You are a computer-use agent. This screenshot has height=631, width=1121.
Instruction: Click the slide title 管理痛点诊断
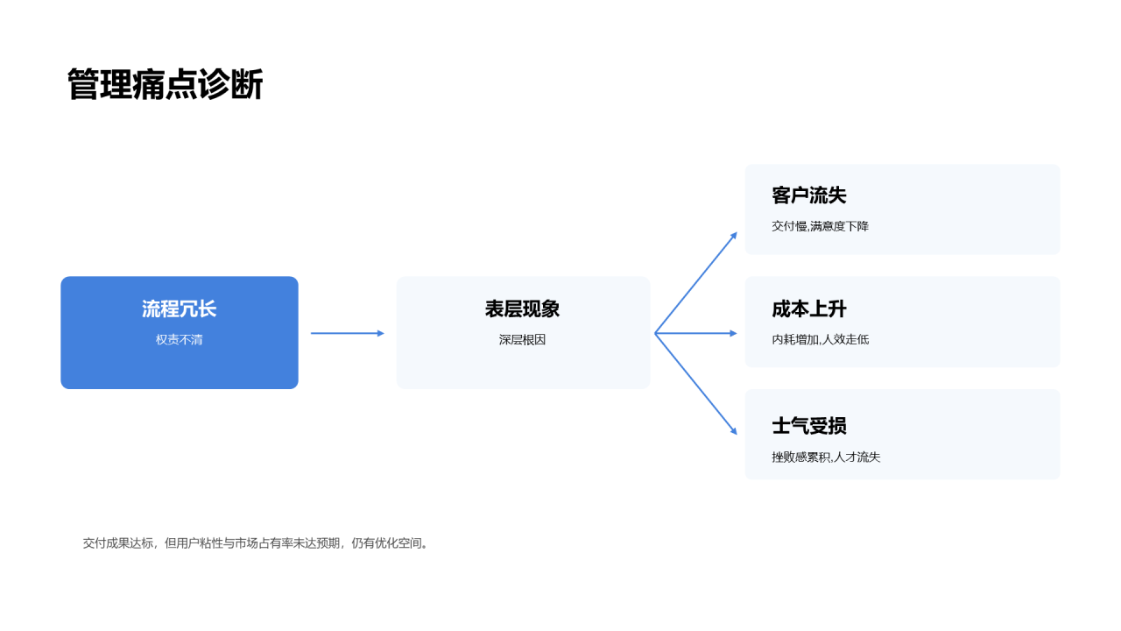[x=166, y=84]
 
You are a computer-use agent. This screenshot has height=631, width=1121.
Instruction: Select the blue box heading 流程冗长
[x=180, y=309]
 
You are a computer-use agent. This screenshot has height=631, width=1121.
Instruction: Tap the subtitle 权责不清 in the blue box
[x=180, y=339]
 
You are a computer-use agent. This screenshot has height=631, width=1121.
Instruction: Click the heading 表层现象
[x=522, y=309]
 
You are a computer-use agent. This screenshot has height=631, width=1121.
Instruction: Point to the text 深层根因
[x=522, y=339]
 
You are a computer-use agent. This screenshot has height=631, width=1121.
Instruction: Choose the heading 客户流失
[x=808, y=195]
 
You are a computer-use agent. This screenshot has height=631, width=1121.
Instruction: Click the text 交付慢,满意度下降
[x=820, y=226]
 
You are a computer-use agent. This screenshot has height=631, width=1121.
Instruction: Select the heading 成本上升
[x=808, y=309]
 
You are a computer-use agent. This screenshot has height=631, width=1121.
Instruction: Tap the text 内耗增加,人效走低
[x=820, y=339]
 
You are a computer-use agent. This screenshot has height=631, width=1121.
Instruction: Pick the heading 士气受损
[x=808, y=426]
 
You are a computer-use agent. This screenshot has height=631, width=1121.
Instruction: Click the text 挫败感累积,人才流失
[x=826, y=457]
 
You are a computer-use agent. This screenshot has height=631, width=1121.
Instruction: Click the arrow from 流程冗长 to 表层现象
[x=348, y=333]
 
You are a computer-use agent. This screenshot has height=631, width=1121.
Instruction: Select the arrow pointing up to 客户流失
[x=696, y=282]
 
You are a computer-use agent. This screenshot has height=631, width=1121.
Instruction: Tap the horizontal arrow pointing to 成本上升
[x=696, y=333]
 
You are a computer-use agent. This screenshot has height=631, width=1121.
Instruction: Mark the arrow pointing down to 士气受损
[x=696, y=384]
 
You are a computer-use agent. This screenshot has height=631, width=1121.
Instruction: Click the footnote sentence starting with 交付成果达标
[x=255, y=542]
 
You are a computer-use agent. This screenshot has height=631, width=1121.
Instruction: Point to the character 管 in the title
[x=82, y=84]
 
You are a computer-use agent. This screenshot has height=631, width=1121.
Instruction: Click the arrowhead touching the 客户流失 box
[x=734, y=237]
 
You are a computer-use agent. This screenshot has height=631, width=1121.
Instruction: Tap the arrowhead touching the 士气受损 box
[x=734, y=430]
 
